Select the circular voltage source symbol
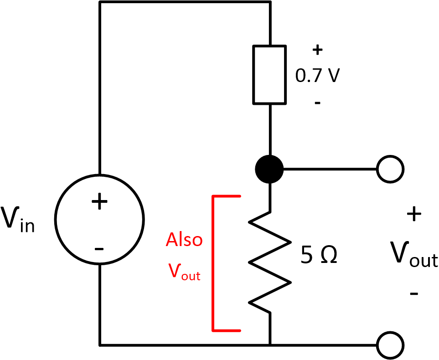tap(99, 220)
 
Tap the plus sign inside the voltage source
tap(99, 202)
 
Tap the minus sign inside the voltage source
tap(99, 249)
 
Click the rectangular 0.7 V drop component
tap(270, 74)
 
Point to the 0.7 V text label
tap(317, 76)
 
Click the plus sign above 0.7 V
tap(317, 50)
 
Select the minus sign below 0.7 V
tap(317, 103)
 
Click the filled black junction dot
tap(269, 169)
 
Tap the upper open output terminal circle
tap(390, 169)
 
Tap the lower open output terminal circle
tap(390, 345)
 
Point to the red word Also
tap(184, 240)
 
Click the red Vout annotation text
tap(184, 272)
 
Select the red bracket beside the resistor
tap(213, 263)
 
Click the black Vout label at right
tap(413, 255)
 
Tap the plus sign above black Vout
tap(414, 215)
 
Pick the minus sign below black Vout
tap(414, 294)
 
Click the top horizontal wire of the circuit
tap(185, 2)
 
